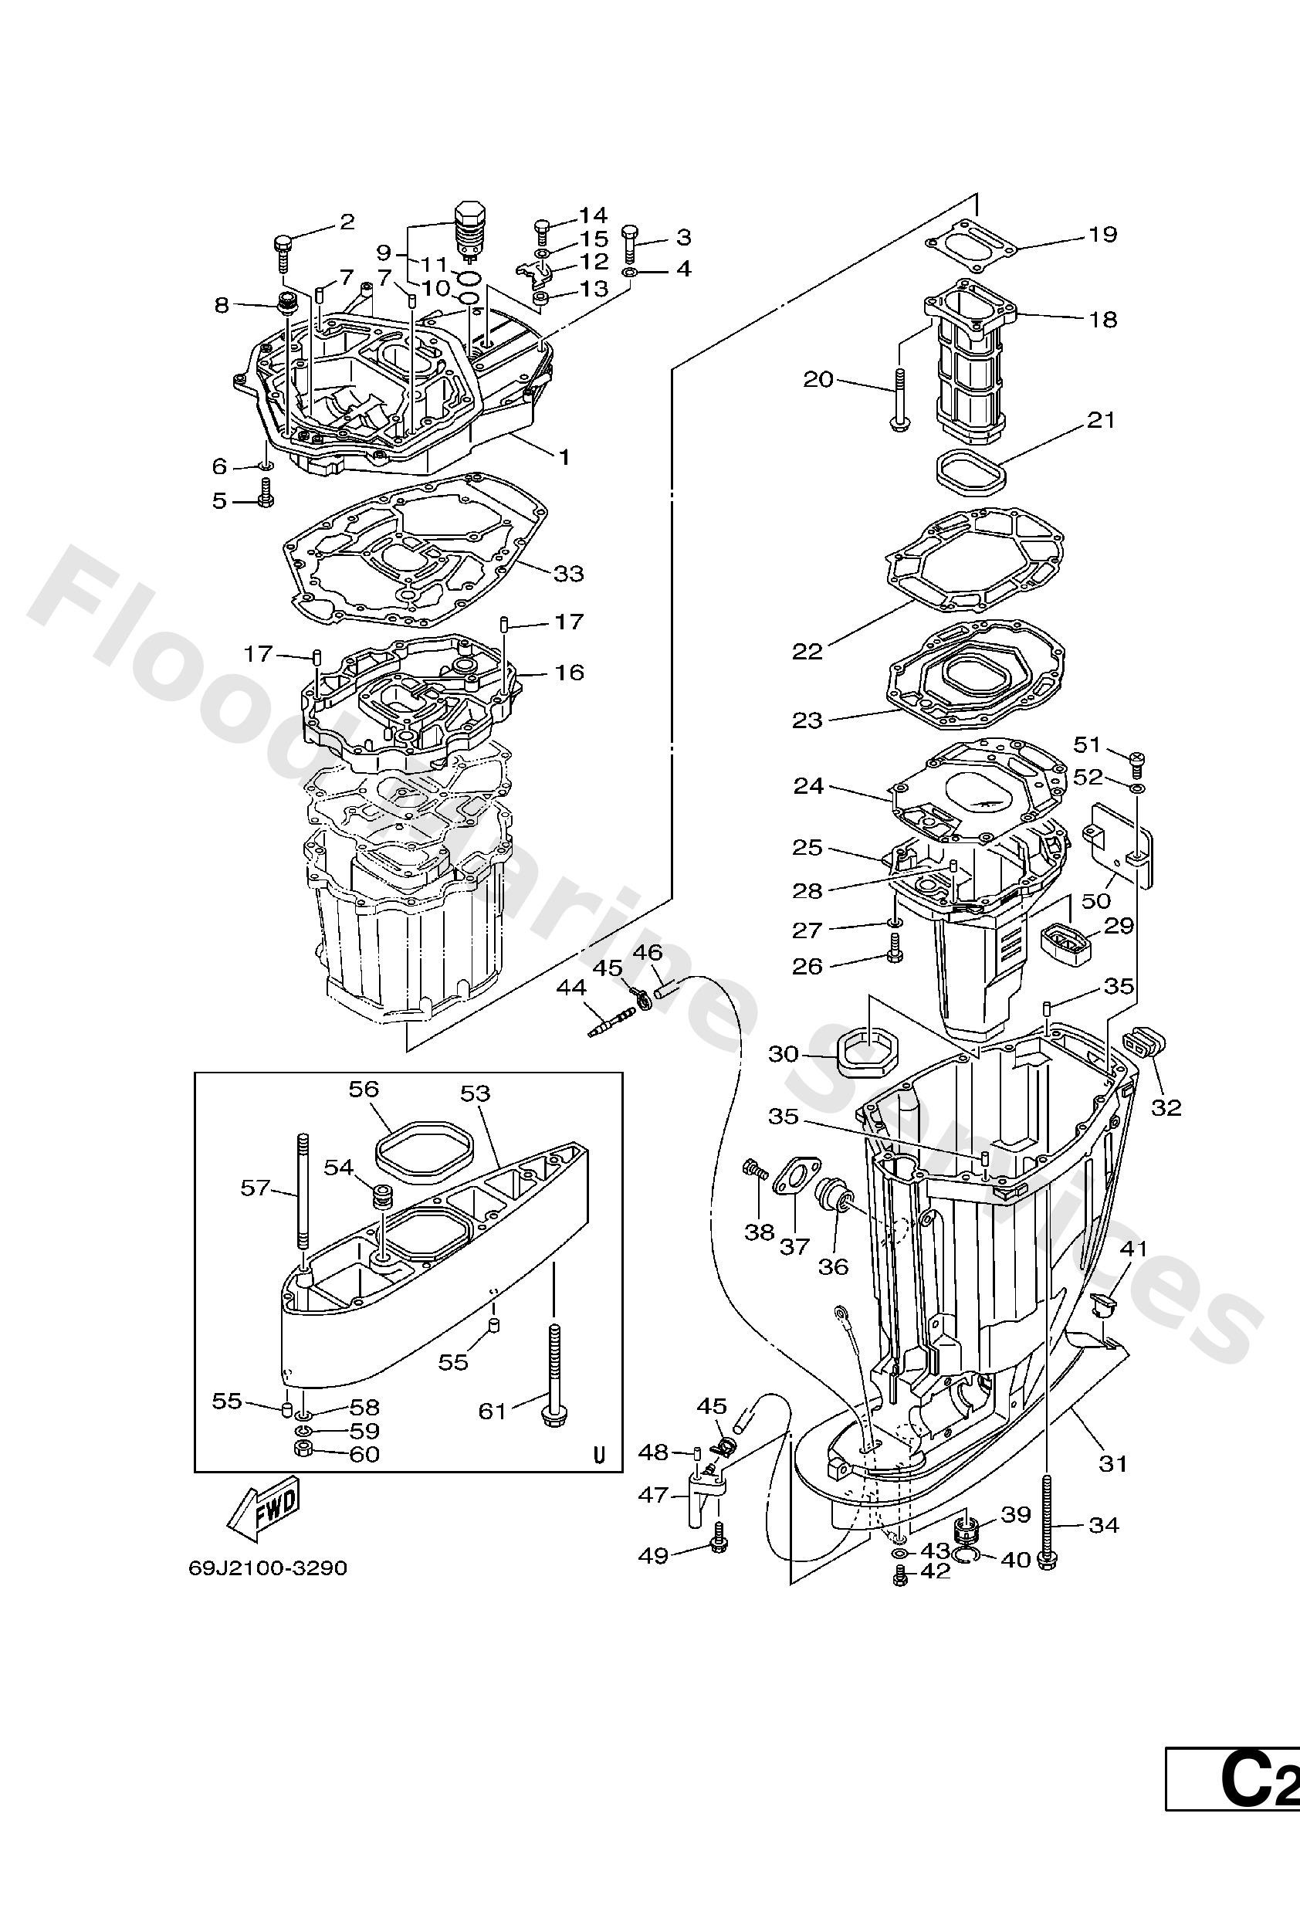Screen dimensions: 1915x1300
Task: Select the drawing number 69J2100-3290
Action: (268, 1567)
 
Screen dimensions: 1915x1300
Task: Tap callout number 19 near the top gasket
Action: (1102, 235)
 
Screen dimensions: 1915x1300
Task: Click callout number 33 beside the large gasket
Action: (567, 573)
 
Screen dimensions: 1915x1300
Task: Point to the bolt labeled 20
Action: (898, 400)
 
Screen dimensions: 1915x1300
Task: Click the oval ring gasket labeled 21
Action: (972, 472)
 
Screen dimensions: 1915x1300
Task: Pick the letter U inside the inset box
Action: (599, 1456)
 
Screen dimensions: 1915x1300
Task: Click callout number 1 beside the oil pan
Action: (564, 456)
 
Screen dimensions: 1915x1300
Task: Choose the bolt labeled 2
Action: (283, 253)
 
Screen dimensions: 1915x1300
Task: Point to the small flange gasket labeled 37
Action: (793, 1182)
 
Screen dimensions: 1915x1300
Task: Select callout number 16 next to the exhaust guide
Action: (569, 673)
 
